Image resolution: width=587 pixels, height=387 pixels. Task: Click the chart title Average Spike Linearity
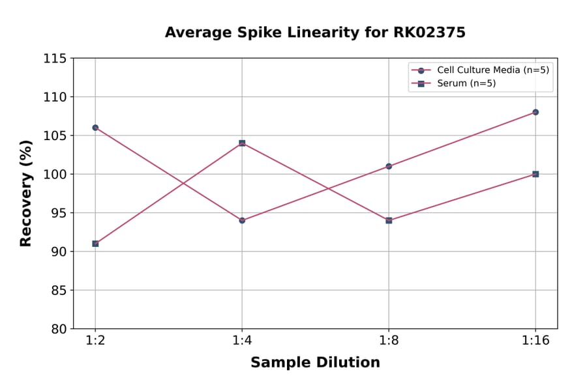click(315, 33)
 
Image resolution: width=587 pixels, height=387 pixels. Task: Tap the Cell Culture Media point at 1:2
click(95, 128)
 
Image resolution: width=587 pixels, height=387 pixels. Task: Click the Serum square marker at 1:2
click(95, 244)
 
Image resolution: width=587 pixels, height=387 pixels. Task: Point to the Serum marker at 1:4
click(242, 143)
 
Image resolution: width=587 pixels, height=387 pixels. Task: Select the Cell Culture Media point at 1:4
click(242, 220)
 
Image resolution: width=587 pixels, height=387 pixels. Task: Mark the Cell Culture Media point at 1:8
click(389, 166)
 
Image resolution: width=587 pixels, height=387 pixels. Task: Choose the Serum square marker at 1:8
click(389, 220)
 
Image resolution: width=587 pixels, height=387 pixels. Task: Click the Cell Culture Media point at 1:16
click(535, 112)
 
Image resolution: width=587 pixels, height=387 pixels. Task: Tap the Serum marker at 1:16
click(535, 174)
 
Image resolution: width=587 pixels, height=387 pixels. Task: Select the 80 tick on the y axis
click(58, 329)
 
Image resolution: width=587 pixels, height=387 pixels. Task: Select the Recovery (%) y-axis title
click(26, 193)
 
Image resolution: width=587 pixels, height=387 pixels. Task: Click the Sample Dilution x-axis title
click(315, 363)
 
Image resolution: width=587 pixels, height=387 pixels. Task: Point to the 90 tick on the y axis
click(58, 251)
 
